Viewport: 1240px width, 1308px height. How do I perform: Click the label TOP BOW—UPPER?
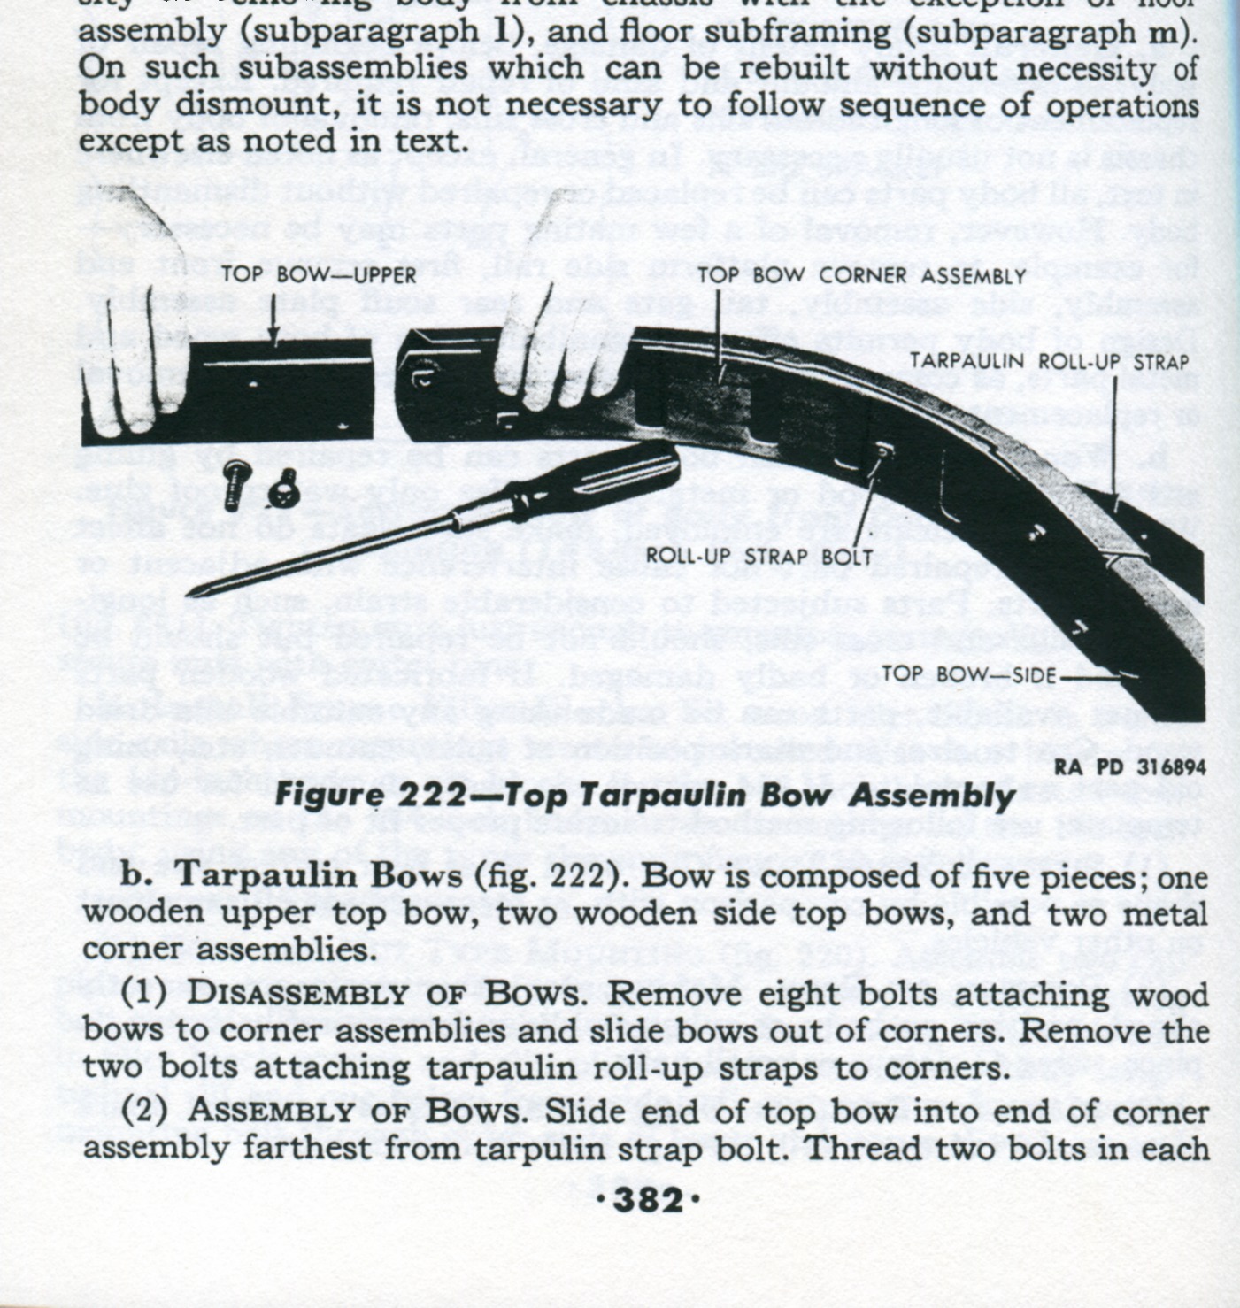pos(319,274)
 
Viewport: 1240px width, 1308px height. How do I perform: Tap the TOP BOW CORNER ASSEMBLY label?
pos(861,276)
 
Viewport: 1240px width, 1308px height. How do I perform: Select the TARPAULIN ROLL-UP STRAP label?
pos(1049,361)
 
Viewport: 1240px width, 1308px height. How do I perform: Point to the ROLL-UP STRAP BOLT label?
pos(759,557)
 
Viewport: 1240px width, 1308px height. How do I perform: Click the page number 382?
pos(653,1201)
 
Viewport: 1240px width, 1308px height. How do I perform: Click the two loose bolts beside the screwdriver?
pos(261,484)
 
